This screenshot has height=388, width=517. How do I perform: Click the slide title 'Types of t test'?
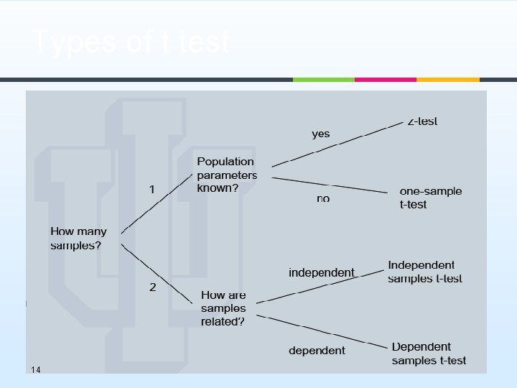pyautogui.click(x=131, y=43)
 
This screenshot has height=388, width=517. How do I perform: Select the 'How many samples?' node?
pyautogui.click(x=78, y=239)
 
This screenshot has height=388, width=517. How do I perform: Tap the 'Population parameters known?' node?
pyautogui.click(x=227, y=175)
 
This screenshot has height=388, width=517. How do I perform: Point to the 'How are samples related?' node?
pyautogui.click(x=224, y=308)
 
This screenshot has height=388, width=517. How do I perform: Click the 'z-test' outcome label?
pyautogui.click(x=422, y=121)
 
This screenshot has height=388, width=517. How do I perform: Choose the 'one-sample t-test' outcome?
pyautogui.click(x=430, y=198)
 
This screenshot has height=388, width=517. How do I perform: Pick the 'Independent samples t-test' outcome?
pyautogui.click(x=424, y=272)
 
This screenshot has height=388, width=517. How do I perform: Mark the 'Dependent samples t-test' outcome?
pyautogui.click(x=429, y=354)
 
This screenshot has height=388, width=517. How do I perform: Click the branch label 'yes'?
pyautogui.click(x=321, y=134)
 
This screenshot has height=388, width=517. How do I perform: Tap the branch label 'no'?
pyautogui.click(x=323, y=198)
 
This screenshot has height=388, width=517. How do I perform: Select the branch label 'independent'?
pyautogui.click(x=321, y=272)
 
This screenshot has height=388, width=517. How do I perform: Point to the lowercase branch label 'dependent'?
pyautogui.click(x=317, y=351)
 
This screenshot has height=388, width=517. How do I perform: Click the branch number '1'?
pyautogui.click(x=152, y=190)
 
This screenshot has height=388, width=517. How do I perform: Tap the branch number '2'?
pyautogui.click(x=152, y=287)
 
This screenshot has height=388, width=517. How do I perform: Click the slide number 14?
pyautogui.click(x=35, y=369)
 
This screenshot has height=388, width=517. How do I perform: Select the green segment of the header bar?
pyautogui.click(x=323, y=80)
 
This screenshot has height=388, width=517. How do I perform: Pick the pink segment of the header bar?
pyautogui.click(x=385, y=80)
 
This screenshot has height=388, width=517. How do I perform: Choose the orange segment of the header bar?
pyautogui.click(x=447, y=80)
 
